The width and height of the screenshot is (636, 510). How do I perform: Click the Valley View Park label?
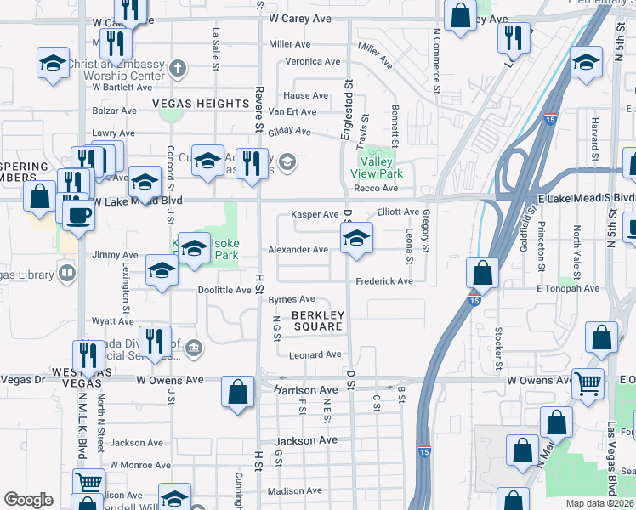pos(379,167)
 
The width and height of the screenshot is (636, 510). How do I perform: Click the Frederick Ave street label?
pos(384,281)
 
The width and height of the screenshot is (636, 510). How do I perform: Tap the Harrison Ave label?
pos(305,390)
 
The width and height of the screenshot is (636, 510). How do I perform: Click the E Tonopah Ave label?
pos(568,288)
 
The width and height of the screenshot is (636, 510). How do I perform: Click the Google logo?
pos(28,500)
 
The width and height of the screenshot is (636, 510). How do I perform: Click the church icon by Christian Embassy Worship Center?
pos(177,67)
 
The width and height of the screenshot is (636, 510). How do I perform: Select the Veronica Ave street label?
pos(312,61)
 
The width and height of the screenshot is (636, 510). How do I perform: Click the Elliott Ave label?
pos(398,212)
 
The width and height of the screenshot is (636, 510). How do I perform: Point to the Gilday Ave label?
pos(289,131)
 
